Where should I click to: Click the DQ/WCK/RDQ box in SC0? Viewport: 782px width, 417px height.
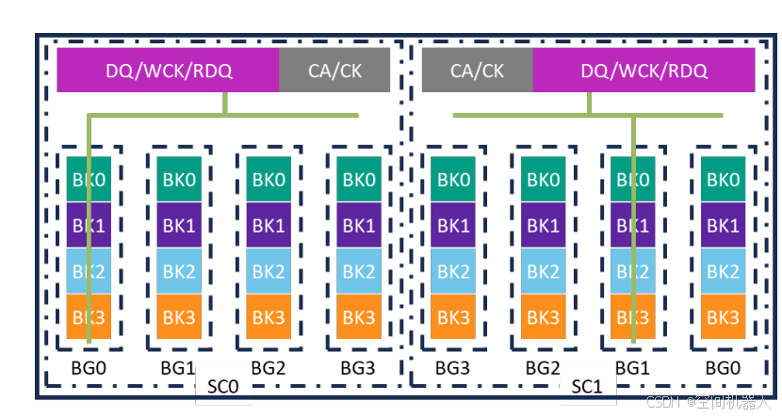coord(168,71)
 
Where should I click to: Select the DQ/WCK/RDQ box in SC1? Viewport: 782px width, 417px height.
coord(644,71)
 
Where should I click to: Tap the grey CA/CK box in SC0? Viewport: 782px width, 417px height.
coord(334,71)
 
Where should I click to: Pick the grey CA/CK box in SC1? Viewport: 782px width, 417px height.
coord(477,71)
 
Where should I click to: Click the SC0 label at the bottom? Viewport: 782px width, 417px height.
coord(221,387)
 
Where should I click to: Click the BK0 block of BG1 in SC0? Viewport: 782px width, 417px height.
coord(178,180)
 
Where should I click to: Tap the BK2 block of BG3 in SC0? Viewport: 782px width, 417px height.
coord(360,271)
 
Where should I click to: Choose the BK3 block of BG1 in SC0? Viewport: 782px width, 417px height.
coord(178,317)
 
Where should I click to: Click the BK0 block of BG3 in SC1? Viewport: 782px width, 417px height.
coord(452,180)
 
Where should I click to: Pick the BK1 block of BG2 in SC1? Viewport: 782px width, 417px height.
coord(543,226)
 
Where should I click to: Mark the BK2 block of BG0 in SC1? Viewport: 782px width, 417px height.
coord(723,271)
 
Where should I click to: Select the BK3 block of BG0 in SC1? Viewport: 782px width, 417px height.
coord(723,317)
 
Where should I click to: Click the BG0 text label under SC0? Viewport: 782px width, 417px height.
coord(89,367)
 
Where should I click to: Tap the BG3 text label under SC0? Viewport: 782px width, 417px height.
coord(359,367)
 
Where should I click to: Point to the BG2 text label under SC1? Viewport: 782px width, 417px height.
coord(543,367)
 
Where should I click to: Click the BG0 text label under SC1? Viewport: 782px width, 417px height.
coord(723,367)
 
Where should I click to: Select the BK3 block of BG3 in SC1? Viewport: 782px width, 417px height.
coord(452,317)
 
